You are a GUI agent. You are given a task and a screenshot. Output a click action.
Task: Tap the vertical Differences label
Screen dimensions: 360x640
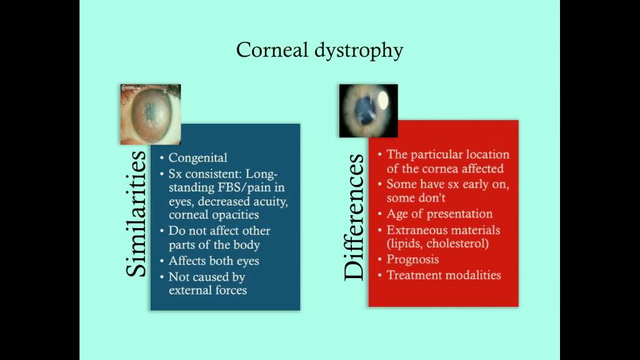pos(353,217)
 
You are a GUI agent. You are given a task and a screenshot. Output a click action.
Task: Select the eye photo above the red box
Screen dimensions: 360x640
pos(368,111)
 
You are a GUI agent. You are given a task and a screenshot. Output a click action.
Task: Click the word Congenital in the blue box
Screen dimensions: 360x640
pos(197,158)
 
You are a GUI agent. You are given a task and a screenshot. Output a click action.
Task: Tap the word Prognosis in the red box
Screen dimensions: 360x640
pos(412,259)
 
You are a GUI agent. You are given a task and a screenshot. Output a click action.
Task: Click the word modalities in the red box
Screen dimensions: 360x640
pos(474,274)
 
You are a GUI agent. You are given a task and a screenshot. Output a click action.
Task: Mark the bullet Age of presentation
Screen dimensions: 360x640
pos(439,214)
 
